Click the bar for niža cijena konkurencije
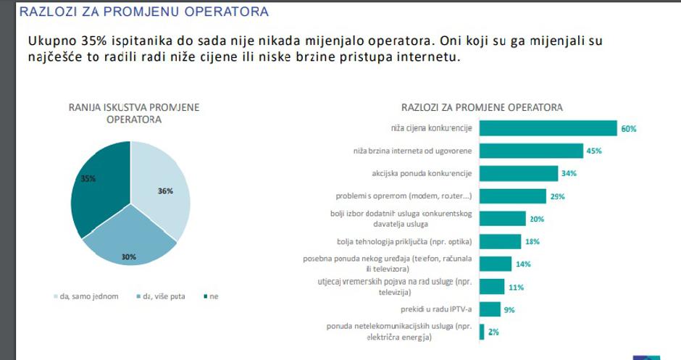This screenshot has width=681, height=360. point(548,128)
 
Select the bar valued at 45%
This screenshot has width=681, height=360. point(532,151)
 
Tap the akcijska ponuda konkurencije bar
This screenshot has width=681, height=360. point(519,173)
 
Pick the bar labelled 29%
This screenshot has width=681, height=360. point(513,196)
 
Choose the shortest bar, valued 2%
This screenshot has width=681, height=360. point(482,331)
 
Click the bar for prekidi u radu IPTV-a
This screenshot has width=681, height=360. point(490,309)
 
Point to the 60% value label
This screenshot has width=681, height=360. point(628,129)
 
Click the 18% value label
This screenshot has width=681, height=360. point(532,241)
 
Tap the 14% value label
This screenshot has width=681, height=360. point(523,264)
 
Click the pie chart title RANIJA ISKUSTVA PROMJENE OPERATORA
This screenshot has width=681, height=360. point(134,113)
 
